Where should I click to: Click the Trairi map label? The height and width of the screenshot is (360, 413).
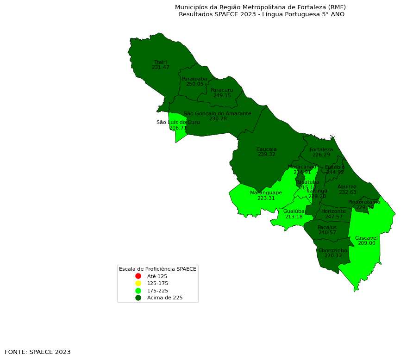(160, 62)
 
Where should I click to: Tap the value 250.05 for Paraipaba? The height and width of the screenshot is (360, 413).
(194, 84)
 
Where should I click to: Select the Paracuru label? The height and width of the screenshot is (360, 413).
(222, 90)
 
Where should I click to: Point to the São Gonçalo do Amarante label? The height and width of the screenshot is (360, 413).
(218, 113)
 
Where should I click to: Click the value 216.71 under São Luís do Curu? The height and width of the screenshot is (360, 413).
(178, 128)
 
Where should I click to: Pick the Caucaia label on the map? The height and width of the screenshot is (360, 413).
(266, 149)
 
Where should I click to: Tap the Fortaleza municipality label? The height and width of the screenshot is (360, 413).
(321, 149)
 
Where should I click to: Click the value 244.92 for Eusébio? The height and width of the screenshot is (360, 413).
(335, 173)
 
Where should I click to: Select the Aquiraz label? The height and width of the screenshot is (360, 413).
(347, 187)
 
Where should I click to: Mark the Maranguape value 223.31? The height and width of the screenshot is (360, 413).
(266, 198)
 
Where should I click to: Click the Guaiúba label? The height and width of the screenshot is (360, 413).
(294, 211)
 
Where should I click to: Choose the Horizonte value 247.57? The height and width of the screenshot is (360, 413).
(333, 217)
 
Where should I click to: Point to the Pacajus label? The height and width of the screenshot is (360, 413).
(327, 227)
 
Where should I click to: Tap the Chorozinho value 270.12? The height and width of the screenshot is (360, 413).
(333, 256)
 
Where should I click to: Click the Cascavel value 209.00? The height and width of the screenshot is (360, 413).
(366, 243)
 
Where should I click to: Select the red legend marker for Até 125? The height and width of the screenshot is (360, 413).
(138, 276)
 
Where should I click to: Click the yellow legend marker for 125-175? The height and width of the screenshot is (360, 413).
(138, 283)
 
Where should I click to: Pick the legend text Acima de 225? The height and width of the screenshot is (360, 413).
(165, 298)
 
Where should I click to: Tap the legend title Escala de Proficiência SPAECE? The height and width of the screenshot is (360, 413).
(157, 269)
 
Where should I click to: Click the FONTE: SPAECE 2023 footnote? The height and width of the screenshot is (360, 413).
(38, 352)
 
